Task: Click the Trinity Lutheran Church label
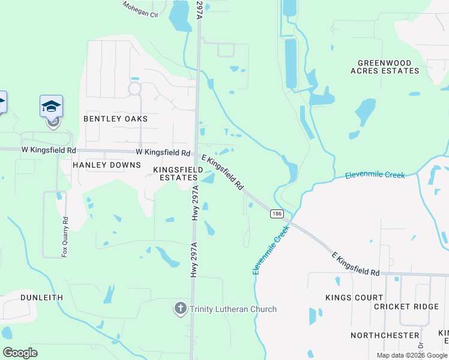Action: pos(233,309)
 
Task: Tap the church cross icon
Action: pos(179,309)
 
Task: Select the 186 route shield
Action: pos(276,214)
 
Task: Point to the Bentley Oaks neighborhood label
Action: pos(115,119)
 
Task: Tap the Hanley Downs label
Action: pos(106,164)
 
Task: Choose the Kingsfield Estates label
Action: pos(176,174)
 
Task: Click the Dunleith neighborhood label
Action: pos(41,297)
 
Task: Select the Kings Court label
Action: pos(354,298)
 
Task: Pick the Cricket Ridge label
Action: pos(406,307)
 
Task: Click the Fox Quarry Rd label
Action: pos(65,237)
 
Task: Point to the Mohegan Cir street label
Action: pos(139,8)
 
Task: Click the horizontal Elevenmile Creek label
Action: pos(375,175)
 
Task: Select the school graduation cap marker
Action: pos(52,107)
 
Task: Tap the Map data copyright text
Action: pos(411,355)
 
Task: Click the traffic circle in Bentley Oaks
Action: pos(134,89)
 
